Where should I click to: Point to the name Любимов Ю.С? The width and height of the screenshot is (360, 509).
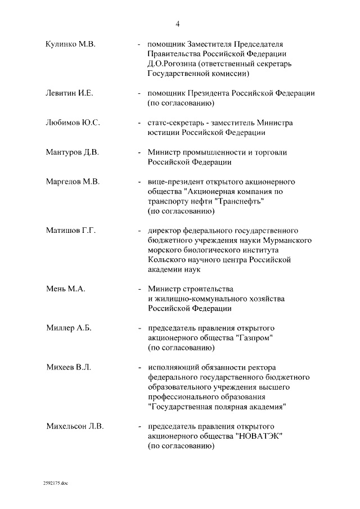(x=72, y=123)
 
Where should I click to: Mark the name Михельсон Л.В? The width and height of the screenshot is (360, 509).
(x=75, y=426)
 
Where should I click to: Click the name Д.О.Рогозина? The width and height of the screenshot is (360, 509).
(x=172, y=64)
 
